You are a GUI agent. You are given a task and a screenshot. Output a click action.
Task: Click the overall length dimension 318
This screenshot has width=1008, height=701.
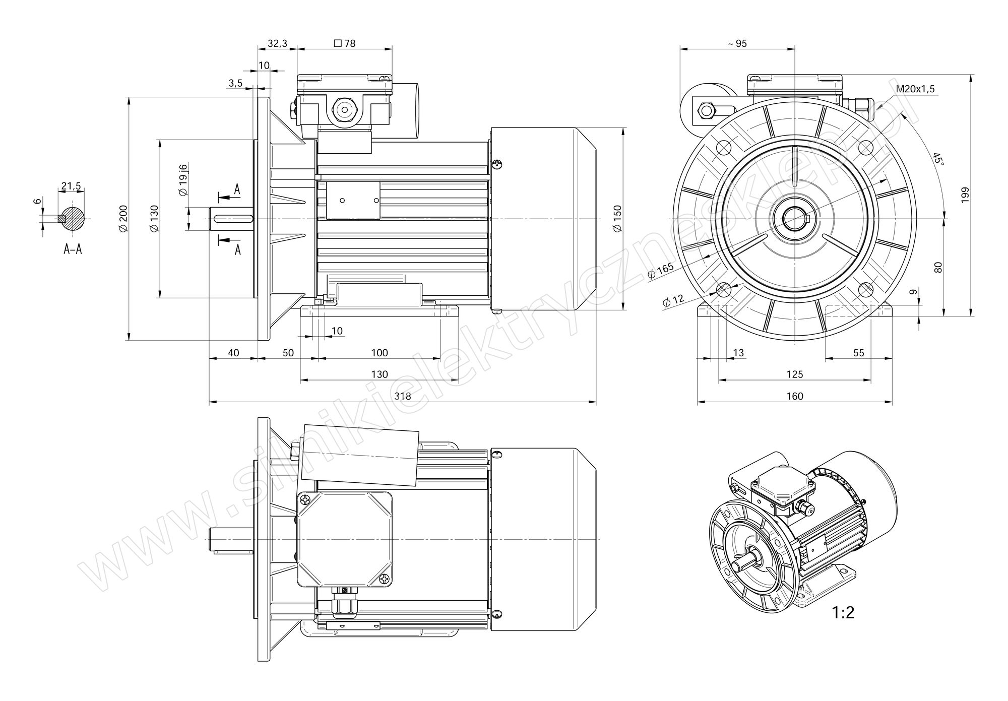click(x=403, y=396)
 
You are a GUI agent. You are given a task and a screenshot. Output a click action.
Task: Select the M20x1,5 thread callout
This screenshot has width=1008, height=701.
click(x=915, y=89)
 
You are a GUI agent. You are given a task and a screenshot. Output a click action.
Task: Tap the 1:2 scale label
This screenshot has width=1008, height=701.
click(x=843, y=612)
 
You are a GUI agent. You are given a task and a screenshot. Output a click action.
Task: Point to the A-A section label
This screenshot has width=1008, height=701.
click(x=73, y=248)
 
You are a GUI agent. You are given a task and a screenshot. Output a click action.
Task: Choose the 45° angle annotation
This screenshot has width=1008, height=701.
click(x=937, y=160)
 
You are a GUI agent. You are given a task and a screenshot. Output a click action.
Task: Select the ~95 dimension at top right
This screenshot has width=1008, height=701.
click(x=737, y=43)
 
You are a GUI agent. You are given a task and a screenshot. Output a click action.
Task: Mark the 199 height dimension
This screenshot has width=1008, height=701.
click(x=965, y=195)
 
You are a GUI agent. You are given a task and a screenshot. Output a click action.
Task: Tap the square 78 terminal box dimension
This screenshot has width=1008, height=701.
click(x=345, y=43)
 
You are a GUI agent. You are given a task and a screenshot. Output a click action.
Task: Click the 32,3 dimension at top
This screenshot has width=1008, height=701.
click(x=277, y=43)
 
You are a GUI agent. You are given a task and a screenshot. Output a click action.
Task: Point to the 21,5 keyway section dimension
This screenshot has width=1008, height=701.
click(x=71, y=186)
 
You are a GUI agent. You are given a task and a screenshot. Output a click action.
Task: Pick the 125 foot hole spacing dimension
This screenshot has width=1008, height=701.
click(x=794, y=374)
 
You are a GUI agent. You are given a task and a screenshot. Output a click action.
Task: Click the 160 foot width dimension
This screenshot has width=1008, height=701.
click(x=795, y=396)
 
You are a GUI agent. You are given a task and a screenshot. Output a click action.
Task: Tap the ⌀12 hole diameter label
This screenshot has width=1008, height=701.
click(x=673, y=300)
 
